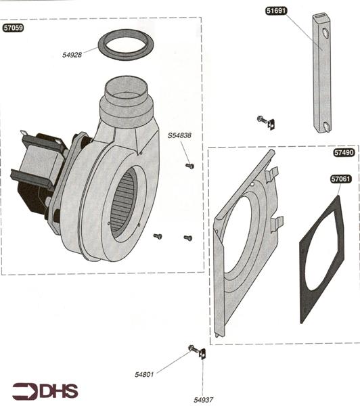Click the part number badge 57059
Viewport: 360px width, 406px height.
point(15,29)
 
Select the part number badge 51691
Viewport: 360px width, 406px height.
point(276,12)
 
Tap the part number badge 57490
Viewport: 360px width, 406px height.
point(344,153)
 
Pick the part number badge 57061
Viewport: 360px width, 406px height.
point(340,179)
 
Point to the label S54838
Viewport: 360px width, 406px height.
point(179,135)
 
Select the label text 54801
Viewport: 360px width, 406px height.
point(145,374)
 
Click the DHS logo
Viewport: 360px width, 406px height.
point(45,391)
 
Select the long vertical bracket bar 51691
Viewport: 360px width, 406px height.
point(321,74)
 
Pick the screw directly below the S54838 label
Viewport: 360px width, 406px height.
point(189,165)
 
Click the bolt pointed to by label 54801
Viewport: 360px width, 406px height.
point(194,349)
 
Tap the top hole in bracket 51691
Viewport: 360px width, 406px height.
point(325,32)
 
